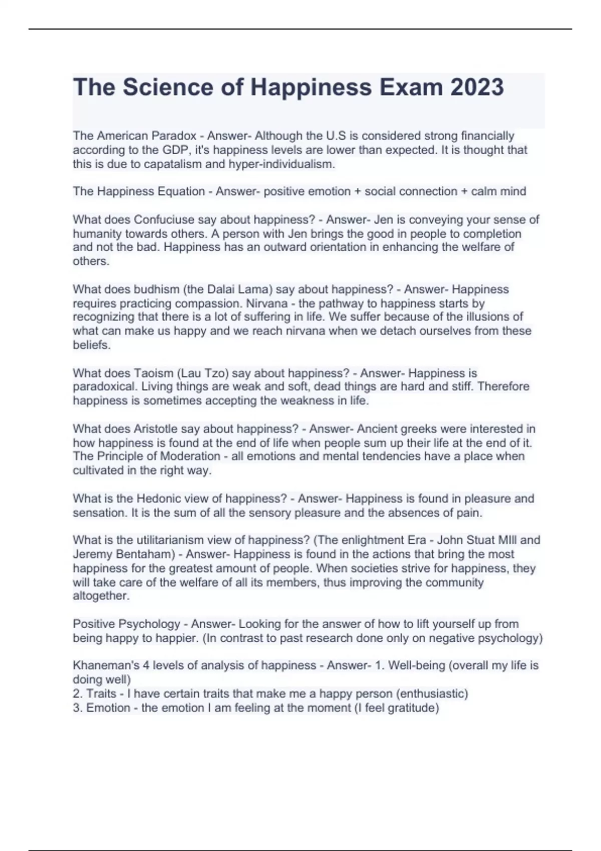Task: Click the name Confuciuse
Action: pyautogui.click(x=165, y=219)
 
